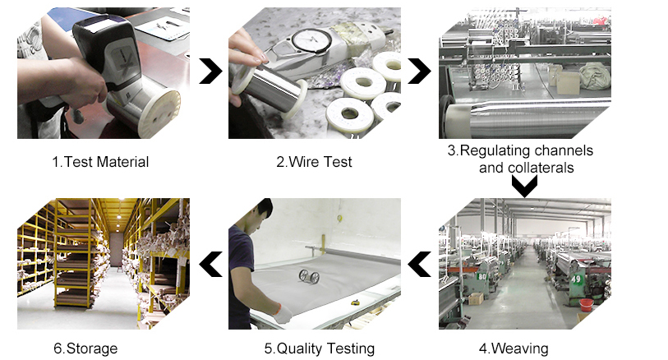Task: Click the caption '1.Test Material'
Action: tap(100, 162)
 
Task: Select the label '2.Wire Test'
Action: tap(314, 162)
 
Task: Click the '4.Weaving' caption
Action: tap(518, 348)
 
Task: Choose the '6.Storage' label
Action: tap(85, 348)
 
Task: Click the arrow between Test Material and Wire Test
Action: tap(211, 72)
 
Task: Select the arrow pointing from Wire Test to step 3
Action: tap(420, 72)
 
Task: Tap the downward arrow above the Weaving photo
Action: tap(524, 186)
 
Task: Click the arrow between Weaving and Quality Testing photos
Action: tap(420, 264)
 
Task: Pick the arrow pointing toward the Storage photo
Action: tap(211, 264)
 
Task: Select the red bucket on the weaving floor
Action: tap(585, 305)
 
